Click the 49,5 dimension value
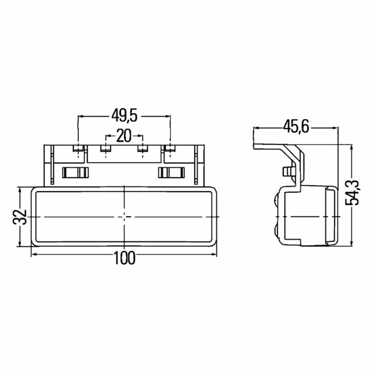tap(125, 116)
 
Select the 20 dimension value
tap(124, 136)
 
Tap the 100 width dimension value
tap(125, 258)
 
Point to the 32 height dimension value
tap(20, 217)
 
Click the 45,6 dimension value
tap(296, 127)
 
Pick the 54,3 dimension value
tap(352, 193)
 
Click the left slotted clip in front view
tap(75, 172)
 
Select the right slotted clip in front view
tap(172, 172)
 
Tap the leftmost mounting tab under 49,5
tap(78, 149)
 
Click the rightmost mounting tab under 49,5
tap(170, 149)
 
